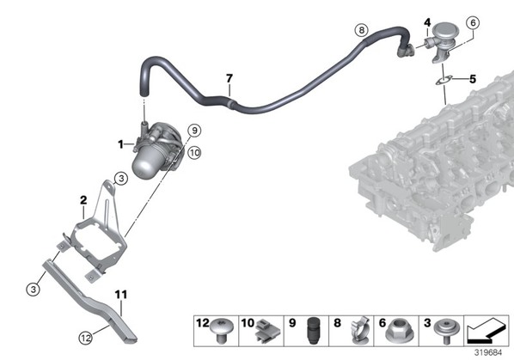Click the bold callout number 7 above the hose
click(229, 79)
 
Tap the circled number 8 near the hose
click(362, 30)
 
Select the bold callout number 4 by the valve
click(427, 22)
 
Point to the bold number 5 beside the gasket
click(473, 79)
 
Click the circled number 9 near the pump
click(195, 131)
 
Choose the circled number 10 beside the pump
click(194, 153)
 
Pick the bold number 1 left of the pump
click(120, 144)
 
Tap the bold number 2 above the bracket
click(83, 200)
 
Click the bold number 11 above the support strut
click(121, 295)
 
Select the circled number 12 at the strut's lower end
click(86, 338)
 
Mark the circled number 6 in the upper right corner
click(473, 23)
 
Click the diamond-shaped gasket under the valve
click(444, 81)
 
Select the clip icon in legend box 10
click(267, 330)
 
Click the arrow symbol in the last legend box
click(486, 330)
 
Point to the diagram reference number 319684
click(488, 353)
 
